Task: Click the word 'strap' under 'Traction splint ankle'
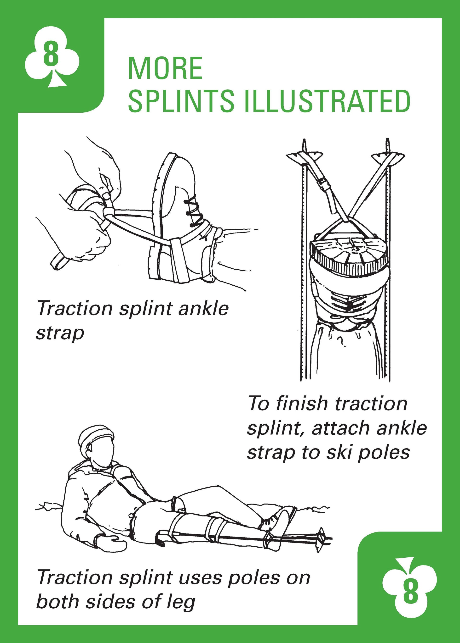[x=60, y=334]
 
